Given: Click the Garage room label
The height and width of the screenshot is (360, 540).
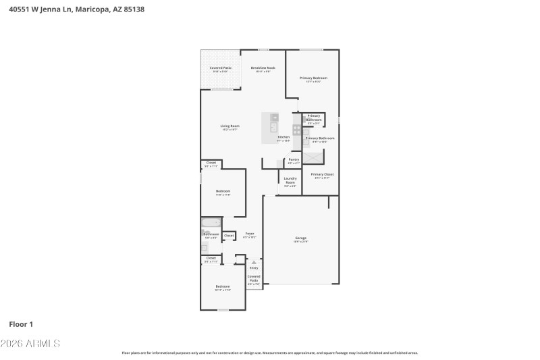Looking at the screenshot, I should (300, 238).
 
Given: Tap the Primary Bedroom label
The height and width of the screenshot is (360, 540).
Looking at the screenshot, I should (313, 78).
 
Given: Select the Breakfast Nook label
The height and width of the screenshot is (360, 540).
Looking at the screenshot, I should (263, 68).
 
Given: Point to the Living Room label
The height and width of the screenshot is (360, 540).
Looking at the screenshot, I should (230, 126).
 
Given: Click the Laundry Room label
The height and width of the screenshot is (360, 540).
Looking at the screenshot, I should (290, 180).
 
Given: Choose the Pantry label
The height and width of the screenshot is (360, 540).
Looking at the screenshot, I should (294, 159).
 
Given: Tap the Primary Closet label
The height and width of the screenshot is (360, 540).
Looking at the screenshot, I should (322, 174).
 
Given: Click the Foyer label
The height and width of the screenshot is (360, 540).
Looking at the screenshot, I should (249, 234).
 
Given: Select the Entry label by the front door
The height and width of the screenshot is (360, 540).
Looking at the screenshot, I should (254, 267).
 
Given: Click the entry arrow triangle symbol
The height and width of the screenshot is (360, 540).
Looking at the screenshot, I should (254, 262).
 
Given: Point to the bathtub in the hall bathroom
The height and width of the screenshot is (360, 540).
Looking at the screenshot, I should (211, 222).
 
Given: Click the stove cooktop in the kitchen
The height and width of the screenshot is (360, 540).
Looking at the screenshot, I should (296, 129).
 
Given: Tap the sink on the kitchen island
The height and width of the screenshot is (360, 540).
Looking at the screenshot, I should (273, 126).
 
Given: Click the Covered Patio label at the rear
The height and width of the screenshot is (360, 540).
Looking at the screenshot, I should (220, 68).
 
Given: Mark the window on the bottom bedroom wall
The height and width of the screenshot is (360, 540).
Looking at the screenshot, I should (223, 310).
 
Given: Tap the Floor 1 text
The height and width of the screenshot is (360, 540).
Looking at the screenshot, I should (21, 324).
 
